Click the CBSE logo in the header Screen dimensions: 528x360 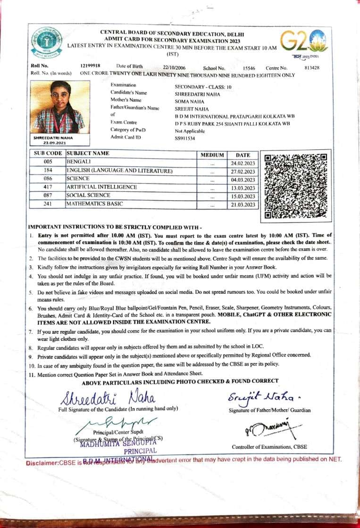point(46,42)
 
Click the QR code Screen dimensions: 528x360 point(295,186)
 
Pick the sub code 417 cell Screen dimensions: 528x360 point(47,187)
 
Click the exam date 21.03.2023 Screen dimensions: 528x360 point(243,204)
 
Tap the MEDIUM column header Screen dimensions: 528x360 point(212,154)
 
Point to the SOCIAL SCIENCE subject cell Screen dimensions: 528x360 point(88,195)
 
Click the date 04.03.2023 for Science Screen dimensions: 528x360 point(243,179)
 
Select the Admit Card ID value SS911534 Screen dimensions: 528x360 point(184,139)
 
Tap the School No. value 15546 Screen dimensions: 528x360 point(249,68)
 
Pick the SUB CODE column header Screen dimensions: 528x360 point(47,154)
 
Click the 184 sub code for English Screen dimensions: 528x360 point(47,171)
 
